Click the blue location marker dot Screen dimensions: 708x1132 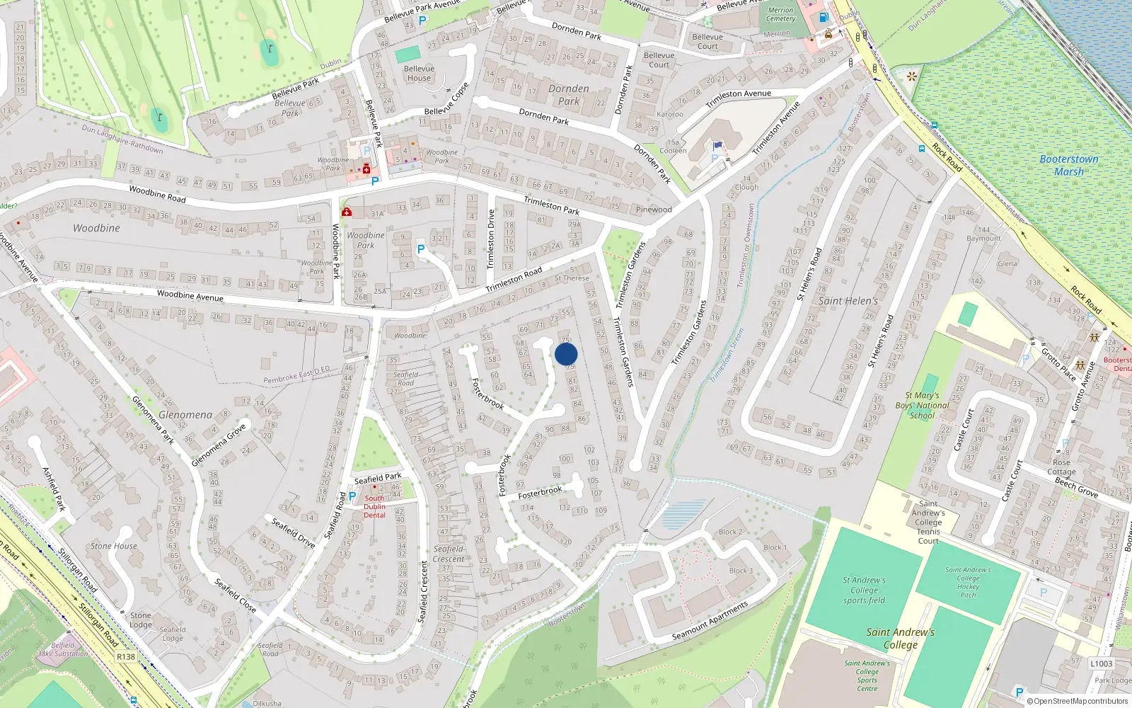[566, 354]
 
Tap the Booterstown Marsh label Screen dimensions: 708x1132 [1069, 165]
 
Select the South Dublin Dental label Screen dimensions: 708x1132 [374, 506]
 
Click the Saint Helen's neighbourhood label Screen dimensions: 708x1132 [848, 301]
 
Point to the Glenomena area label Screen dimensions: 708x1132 [185, 415]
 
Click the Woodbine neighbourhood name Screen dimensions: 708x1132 [96, 228]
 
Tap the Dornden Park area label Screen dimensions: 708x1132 [569, 95]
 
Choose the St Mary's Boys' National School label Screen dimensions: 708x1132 [923, 406]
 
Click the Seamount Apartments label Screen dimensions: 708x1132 [710, 622]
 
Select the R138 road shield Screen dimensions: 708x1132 [126, 657]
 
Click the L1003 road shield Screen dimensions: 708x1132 [1101, 663]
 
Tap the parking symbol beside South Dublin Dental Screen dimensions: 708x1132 [352, 496]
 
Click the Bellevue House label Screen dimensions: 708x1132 [419, 73]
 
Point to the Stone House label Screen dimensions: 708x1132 [114, 546]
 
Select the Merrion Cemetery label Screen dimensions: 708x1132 [780, 15]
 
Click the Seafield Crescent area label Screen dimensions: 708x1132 [449, 554]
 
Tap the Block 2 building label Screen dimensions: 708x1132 [731, 532]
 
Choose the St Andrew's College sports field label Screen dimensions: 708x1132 [864, 590]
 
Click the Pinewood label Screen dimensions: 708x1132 [654, 210]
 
